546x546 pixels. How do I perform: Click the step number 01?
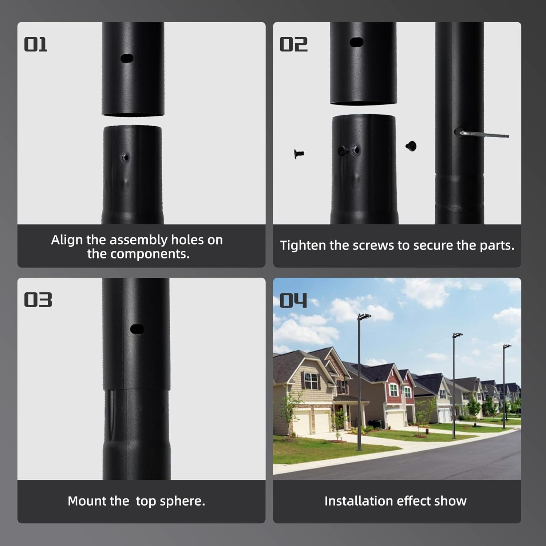pos(36,45)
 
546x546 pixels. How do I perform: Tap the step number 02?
pos(293,45)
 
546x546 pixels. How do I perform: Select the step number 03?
pos(38,300)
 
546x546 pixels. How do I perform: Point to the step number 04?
pos(293,301)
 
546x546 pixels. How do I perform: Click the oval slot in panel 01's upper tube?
pos(127,58)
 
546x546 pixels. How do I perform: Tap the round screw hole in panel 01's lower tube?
pos(125,157)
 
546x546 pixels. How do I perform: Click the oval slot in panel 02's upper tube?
pos(357,42)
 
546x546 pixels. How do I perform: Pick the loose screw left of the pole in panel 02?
pos(298,154)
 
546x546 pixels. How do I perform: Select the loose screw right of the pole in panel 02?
pos(411,146)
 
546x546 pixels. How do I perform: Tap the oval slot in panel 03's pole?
pos(137,329)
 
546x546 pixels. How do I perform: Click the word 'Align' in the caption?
pos(67,240)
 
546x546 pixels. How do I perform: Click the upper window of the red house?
pos(394,390)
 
